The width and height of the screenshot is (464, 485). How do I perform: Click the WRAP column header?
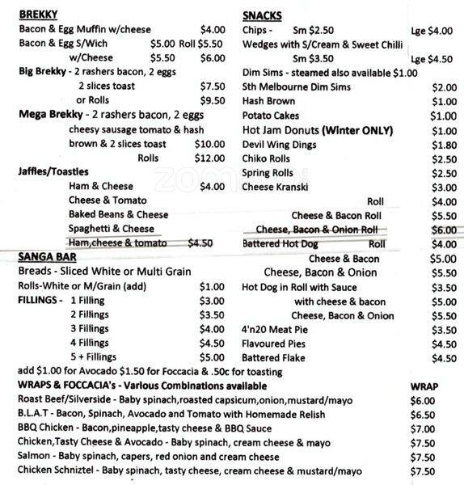[x=424, y=386]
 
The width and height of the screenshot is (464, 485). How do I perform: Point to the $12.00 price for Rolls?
[x=209, y=158]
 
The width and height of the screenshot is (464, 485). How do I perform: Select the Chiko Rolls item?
[x=266, y=158]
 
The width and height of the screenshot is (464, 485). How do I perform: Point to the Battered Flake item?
[x=275, y=359]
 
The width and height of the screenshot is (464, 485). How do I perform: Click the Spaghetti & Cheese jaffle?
[x=112, y=229]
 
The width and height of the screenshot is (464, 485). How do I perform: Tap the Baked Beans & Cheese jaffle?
[x=118, y=214]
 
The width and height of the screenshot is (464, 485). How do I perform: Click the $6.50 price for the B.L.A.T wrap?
[x=423, y=414]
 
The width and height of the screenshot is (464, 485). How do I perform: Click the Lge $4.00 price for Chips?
[x=432, y=31]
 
